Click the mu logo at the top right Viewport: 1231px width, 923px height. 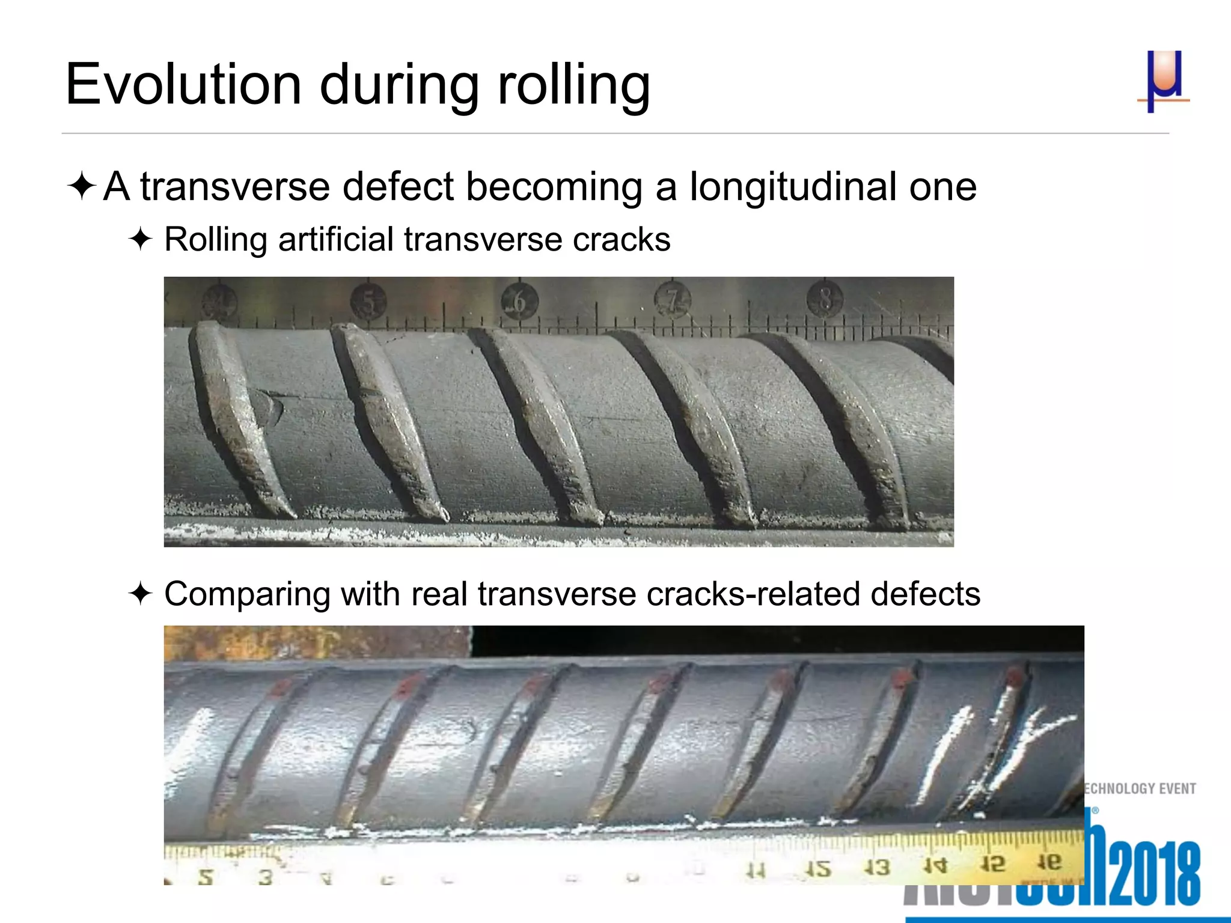[x=1164, y=81]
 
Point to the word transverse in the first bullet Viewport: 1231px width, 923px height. [x=235, y=187]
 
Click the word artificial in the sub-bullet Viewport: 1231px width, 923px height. [x=336, y=240]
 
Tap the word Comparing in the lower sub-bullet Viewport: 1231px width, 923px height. [x=247, y=594]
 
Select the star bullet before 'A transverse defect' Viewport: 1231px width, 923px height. [x=82, y=186]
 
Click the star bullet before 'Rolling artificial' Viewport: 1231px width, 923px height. [x=141, y=240]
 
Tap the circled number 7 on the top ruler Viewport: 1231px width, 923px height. [x=673, y=299]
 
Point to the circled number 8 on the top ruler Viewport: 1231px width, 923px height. [x=825, y=298]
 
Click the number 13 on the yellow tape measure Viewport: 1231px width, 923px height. [x=877, y=867]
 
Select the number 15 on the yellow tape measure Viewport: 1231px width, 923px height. [x=818, y=869]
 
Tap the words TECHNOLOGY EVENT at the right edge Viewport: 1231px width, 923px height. [x=1140, y=788]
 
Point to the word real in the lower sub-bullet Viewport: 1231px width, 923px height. [x=439, y=594]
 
